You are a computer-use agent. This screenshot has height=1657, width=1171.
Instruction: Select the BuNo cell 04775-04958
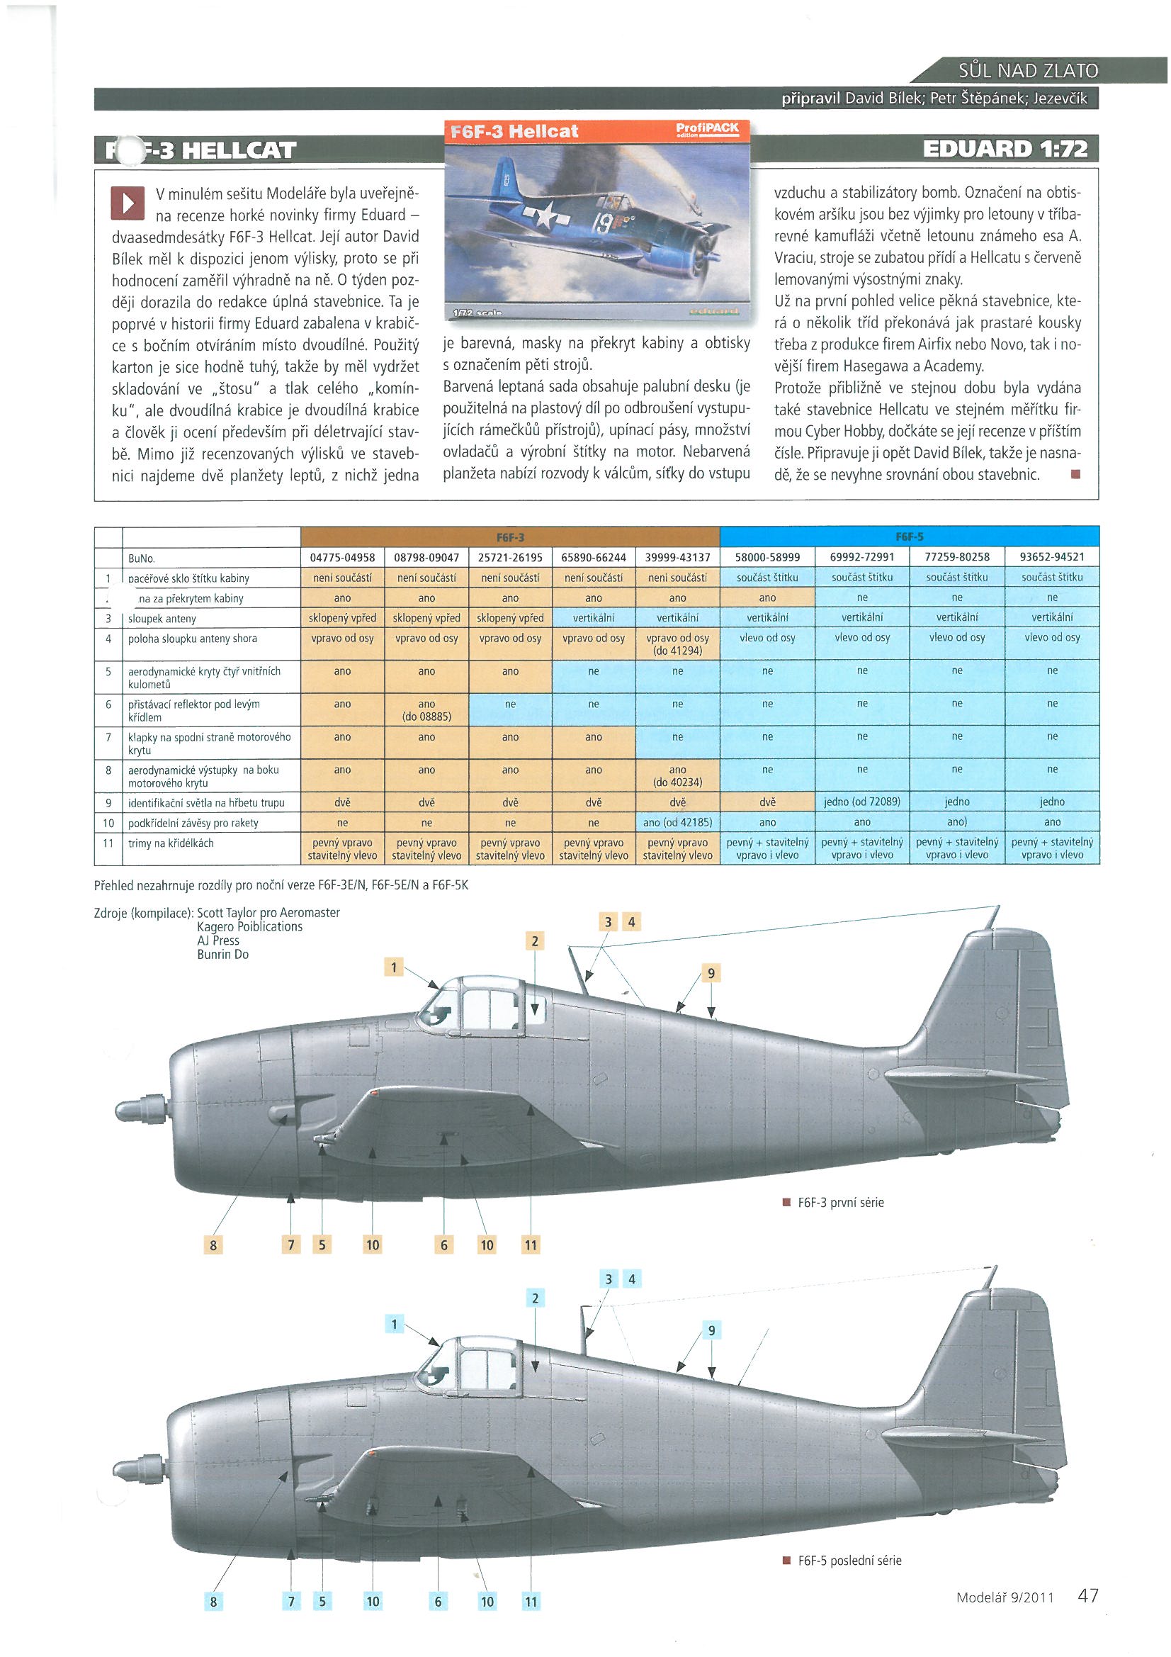click(342, 558)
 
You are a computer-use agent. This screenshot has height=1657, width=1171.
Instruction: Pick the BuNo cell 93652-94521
click(1052, 558)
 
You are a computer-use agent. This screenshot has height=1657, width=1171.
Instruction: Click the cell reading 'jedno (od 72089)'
click(861, 802)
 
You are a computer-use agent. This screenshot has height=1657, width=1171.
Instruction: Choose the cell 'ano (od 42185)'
click(677, 822)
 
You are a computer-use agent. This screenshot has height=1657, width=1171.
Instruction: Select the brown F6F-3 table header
click(509, 538)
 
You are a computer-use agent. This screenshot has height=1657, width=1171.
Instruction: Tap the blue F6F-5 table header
click(909, 538)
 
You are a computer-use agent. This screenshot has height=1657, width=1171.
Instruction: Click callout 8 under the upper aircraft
click(213, 1245)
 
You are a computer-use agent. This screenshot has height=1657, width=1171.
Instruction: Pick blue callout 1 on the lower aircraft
click(394, 1325)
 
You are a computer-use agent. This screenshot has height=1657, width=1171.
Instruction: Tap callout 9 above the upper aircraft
click(711, 974)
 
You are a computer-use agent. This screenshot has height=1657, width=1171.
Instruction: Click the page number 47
click(1087, 1590)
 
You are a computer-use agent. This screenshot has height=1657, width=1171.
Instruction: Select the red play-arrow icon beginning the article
click(127, 203)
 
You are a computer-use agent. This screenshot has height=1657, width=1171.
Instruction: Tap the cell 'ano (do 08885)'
click(426, 710)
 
